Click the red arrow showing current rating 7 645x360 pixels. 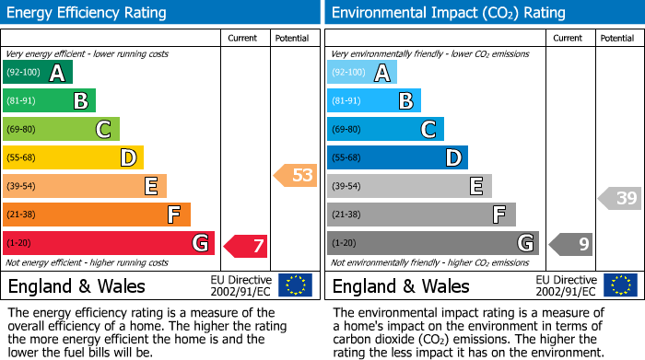(246, 246)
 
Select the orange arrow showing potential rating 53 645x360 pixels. (296, 175)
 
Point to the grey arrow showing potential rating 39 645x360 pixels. (620, 198)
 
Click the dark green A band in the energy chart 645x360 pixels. (38, 73)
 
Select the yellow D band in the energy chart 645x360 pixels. (73, 157)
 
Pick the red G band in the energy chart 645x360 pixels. (109, 243)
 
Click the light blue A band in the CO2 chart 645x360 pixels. (362, 73)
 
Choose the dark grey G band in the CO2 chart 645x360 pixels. (433, 243)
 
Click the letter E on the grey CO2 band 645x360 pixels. (476, 187)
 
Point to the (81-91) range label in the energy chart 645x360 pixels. (23, 101)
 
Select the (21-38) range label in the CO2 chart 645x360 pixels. (347, 215)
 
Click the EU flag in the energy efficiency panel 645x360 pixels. (296, 285)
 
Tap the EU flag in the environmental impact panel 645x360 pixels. (620, 285)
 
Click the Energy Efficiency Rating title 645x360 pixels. (88, 13)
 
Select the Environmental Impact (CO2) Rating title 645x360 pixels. (448, 13)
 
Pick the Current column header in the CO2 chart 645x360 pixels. (569, 38)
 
